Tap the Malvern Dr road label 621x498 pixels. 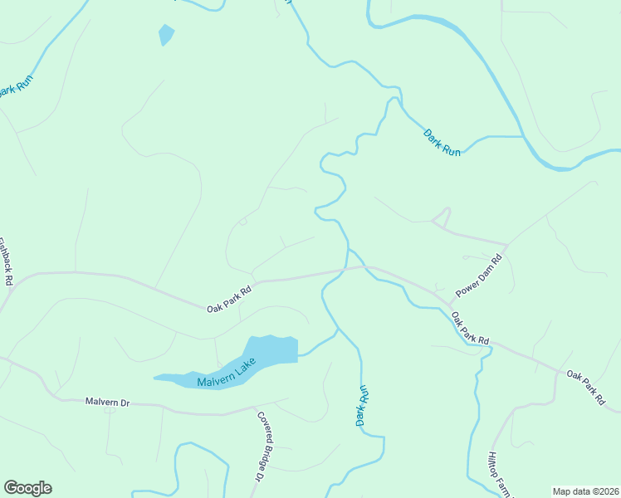pos(108,402)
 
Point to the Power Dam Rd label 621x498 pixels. pos(480,276)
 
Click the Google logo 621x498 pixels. pos(27,488)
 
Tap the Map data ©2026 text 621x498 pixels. pos(584,491)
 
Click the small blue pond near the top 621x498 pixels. pos(166,35)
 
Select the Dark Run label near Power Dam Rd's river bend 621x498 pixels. pos(442,142)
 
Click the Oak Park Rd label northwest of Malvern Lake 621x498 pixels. pos(229,300)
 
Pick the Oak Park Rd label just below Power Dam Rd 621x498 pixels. pos(471,329)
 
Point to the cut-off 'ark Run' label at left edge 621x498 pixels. pos(12,89)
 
